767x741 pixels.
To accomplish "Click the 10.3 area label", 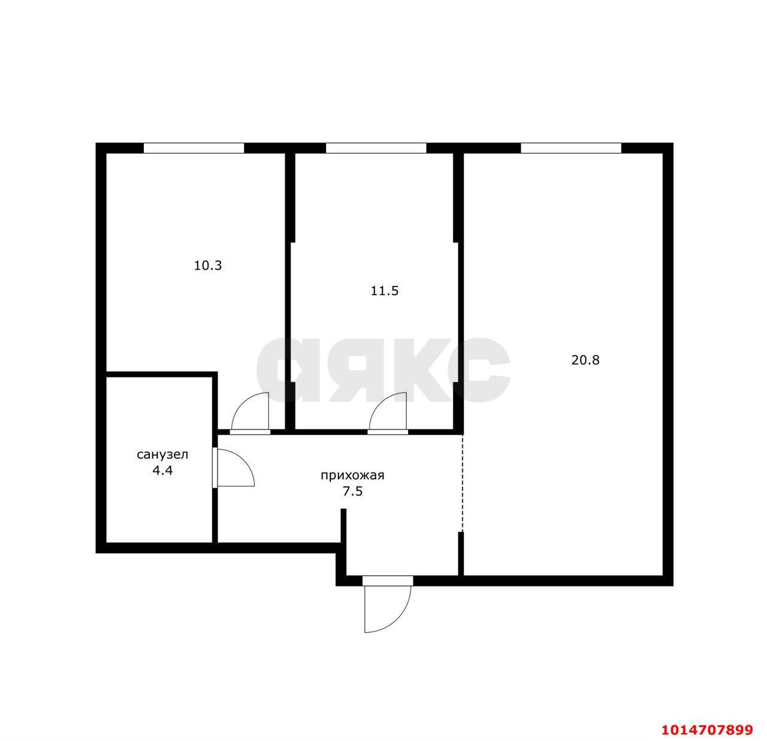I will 208,265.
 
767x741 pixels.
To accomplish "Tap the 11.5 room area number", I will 385,291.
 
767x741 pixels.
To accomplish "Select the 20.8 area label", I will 585,360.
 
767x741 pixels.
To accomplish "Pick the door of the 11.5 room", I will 389,413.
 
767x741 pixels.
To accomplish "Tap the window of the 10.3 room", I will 194,148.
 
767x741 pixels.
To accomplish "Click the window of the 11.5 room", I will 376,148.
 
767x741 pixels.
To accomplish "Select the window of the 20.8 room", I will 570,148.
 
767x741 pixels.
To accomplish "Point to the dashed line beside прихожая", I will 463,482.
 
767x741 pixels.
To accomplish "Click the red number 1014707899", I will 706,730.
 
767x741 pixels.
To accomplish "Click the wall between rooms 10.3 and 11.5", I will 289,288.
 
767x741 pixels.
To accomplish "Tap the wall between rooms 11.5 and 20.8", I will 458,288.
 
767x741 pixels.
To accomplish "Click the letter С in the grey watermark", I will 479,370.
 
